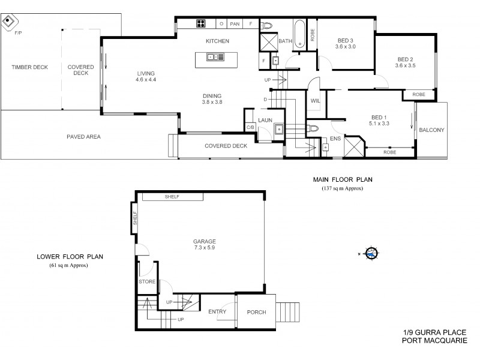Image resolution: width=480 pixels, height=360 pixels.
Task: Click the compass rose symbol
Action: pyautogui.click(x=372, y=254)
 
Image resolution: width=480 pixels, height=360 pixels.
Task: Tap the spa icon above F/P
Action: pyautogui.click(x=8, y=23)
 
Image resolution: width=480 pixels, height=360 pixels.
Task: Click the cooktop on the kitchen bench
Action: pyautogui.click(x=200, y=24)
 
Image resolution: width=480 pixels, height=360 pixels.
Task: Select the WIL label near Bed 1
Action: pyautogui.click(x=316, y=101)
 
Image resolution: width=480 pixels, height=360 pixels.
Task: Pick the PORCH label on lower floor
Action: pyautogui.click(x=256, y=312)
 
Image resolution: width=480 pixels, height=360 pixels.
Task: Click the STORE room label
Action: pyautogui.click(x=147, y=281)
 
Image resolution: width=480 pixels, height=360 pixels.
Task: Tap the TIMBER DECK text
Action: pyautogui.click(x=29, y=67)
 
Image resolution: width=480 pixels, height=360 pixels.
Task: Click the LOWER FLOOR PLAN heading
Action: pyautogui.click(x=69, y=256)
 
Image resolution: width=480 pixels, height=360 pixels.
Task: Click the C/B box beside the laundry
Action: pyautogui.click(x=250, y=127)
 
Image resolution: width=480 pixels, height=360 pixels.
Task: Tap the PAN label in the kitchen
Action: pyautogui.click(x=235, y=24)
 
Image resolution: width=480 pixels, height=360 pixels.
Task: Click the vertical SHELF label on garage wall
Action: pyautogui.click(x=135, y=217)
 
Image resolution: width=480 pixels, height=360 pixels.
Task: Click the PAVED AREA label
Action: pyautogui.click(x=83, y=137)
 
